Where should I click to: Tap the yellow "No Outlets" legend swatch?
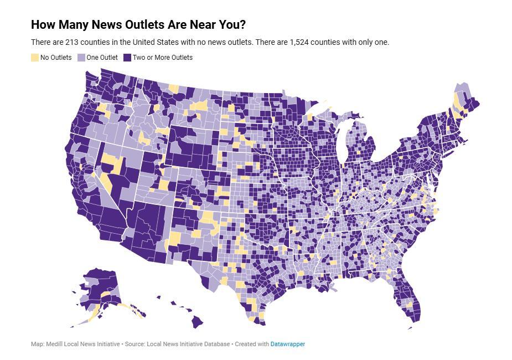point(35,57)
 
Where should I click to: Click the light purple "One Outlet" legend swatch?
point(81,57)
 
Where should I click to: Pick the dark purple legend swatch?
point(127,57)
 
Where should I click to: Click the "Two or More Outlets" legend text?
point(162,57)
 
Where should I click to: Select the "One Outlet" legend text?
point(102,57)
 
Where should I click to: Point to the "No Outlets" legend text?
point(56,57)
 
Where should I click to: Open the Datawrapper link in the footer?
point(287,344)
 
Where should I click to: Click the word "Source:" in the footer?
point(135,344)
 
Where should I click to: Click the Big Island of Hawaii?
point(197,321)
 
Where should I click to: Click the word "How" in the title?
point(42,25)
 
